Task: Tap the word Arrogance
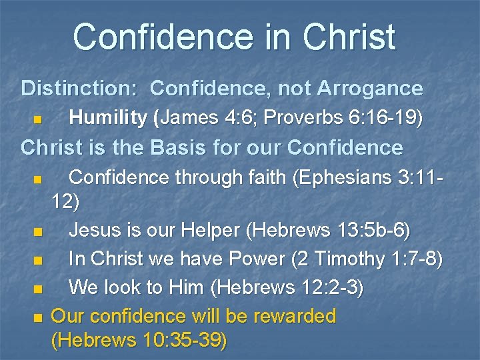click(x=371, y=88)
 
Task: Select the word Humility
click(x=108, y=118)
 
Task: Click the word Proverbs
click(x=305, y=118)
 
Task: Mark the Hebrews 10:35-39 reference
click(x=139, y=341)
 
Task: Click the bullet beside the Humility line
click(x=38, y=120)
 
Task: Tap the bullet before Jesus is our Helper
click(x=38, y=232)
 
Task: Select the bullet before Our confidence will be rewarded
click(x=38, y=317)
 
